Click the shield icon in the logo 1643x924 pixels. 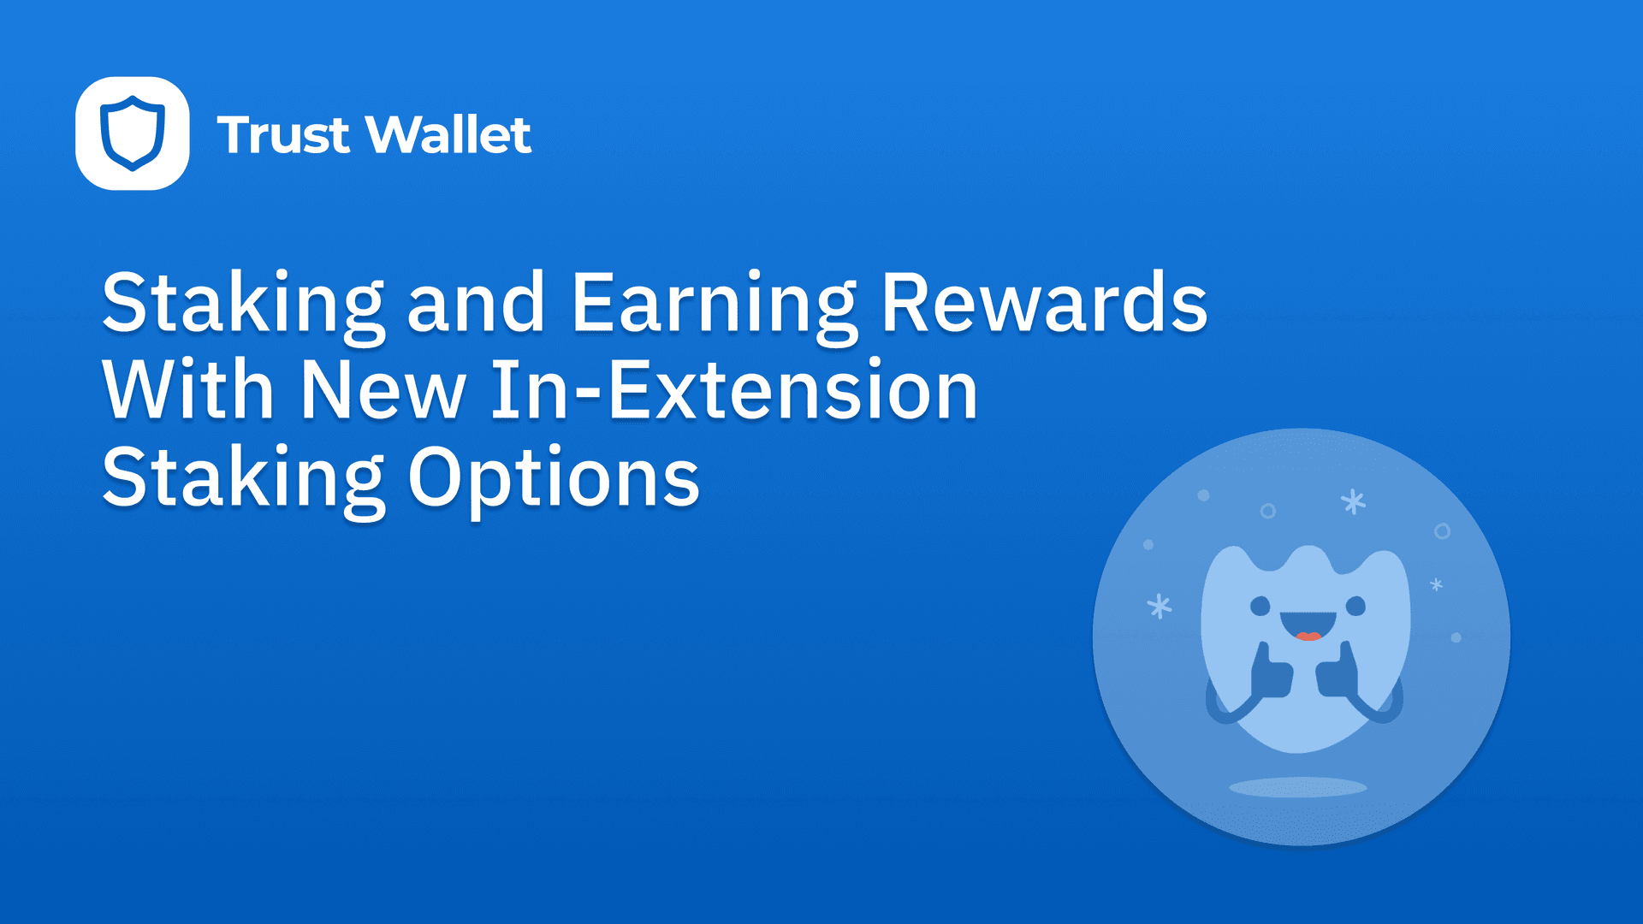(133, 133)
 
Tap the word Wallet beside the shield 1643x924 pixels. (448, 135)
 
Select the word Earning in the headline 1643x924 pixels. (714, 304)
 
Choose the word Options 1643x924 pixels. (554, 477)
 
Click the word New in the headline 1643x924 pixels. (383, 390)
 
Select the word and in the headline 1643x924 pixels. (476, 303)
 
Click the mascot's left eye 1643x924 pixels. (1260, 607)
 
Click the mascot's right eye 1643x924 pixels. (1355, 607)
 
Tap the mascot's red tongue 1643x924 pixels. (1308, 636)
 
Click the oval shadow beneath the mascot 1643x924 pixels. (1298, 787)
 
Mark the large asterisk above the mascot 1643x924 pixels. (1353, 501)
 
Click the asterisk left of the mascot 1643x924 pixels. (1160, 607)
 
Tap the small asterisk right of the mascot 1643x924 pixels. (1437, 585)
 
